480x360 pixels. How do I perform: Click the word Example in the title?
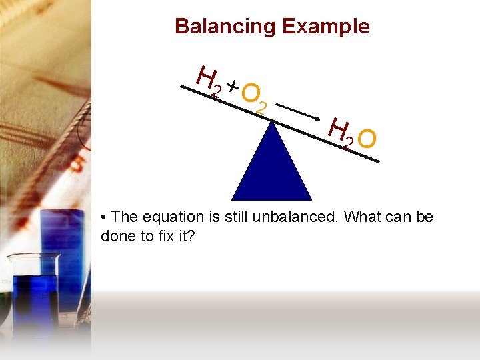pos(325,27)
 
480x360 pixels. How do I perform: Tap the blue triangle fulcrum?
pos(272,167)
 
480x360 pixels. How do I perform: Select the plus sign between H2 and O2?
pos(232,85)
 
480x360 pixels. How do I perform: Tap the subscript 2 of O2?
pos(262,107)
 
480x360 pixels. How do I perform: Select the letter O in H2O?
pos(367,139)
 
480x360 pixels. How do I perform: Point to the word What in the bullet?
pos(364,217)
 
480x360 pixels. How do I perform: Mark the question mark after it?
pos(191,235)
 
